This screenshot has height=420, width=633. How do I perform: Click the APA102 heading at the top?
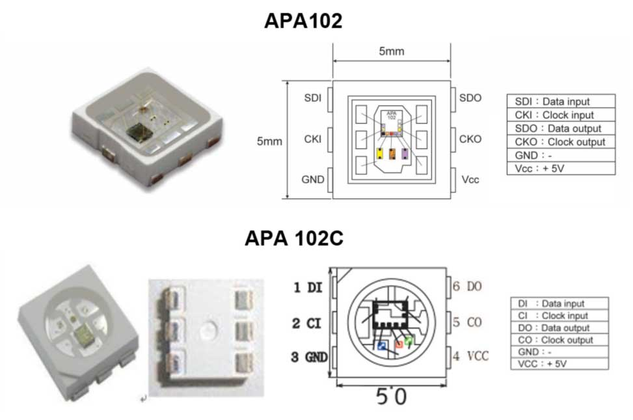(x=303, y=21)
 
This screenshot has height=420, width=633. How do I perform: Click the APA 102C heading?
(x=294, y=238)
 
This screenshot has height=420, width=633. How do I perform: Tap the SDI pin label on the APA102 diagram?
(x=312, y=98)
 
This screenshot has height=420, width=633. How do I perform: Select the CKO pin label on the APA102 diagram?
(x=470, y=139)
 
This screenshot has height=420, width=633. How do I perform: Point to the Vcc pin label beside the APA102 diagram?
(x=470, y=180)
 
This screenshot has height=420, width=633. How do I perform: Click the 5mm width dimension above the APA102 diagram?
(x=391, y=51)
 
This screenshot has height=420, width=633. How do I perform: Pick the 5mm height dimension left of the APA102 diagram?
(x=269, y=141)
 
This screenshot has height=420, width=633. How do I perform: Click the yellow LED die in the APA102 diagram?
(x=380, y=154)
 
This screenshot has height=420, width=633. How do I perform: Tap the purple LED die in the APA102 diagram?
(x=405, y=154)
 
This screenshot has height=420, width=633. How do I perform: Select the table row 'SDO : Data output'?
(x=561, y=128)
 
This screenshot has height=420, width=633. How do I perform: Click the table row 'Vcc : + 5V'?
(x=561, y=169)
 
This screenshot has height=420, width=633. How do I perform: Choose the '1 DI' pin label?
(x=308, y=287)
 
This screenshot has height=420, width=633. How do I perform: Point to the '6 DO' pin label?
(x=467, y=287)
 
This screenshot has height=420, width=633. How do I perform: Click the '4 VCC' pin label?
(x=471, y=356)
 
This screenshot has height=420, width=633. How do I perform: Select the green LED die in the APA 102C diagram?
(x=409, y=341)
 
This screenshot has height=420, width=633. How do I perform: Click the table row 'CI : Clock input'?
(x=559, y=316)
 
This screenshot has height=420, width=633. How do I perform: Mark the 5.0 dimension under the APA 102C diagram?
(x=391, y=397)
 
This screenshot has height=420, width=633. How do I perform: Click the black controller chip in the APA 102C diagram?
(x=390, y=315)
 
